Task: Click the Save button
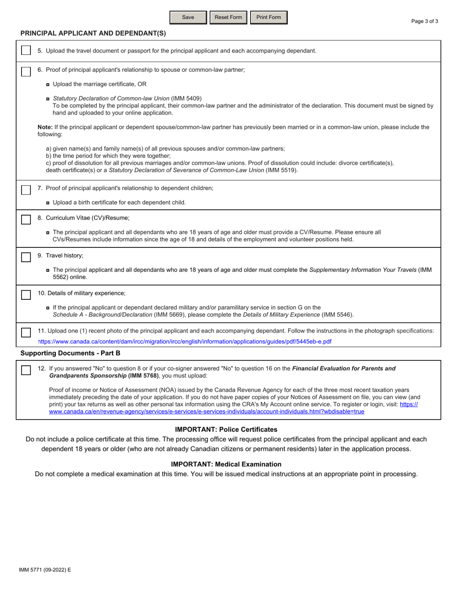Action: coord(188,17)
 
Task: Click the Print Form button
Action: coord(268,17)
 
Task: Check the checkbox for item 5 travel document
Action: coord(25,51)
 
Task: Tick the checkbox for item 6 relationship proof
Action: coord(25,71)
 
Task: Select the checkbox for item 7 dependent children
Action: coord(25,189)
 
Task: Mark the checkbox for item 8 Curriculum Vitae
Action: coord(25,219)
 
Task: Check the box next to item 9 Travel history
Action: coord(25,256)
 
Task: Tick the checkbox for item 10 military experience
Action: coord(25,294)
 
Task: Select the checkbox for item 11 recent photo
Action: coord(25,332)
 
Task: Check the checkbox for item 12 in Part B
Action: coord(25,370)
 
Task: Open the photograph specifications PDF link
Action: coord(185,342)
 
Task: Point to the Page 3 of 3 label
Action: coord(425,21)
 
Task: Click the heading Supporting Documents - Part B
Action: coord(70,353)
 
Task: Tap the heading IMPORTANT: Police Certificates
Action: coord(226,429)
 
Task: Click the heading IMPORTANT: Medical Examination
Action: coord(226,464)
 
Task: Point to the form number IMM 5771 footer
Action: coord(45,570)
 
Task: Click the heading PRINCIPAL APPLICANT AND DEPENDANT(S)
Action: coord(93,33)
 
